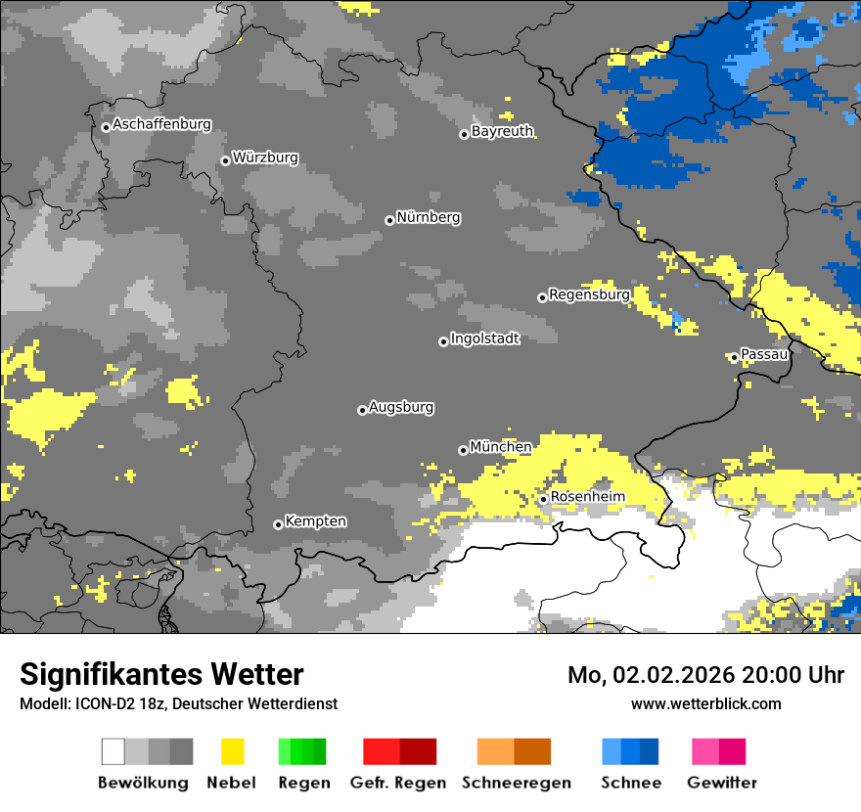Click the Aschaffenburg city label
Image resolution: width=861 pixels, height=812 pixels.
[x=161, y=124]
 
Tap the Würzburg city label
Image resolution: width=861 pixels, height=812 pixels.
[x=265, y=158]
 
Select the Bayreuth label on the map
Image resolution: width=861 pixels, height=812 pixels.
[x=502, y=131]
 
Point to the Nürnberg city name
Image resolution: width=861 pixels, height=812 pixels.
[x=429, y=217]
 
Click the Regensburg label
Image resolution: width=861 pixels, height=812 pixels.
[x=589, y=294]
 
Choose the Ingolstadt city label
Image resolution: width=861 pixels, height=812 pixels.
[x=485, y=338]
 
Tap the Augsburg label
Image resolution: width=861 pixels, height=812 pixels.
[x=401, y=407]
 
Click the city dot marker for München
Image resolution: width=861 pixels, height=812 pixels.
[x=463, y=450]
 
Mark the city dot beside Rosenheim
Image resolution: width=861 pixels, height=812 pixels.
[x=543, y=500]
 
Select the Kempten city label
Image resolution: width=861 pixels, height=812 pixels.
[x=315, y=521]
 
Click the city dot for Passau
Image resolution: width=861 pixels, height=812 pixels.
[x=734, y=357]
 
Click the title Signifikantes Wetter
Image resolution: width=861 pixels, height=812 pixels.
[x=161, y=675]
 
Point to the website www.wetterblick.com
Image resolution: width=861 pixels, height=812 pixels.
[x=706, y=703]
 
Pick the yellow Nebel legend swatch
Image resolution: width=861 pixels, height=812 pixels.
[x=232, y=751]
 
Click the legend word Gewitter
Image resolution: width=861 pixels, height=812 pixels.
[x=722, y=783]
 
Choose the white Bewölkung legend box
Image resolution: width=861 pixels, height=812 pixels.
[x=113, y=751]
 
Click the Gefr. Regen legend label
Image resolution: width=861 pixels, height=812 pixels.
[x=398, y=783]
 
